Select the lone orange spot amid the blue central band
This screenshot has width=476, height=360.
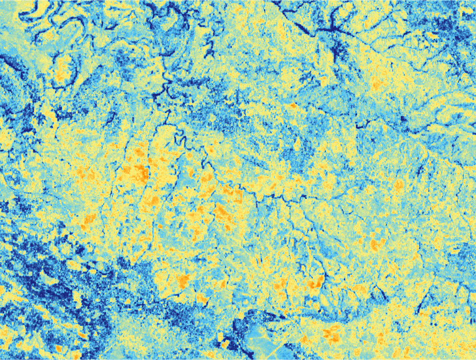pos(293,106)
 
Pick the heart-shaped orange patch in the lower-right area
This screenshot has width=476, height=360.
pos(377,244)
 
